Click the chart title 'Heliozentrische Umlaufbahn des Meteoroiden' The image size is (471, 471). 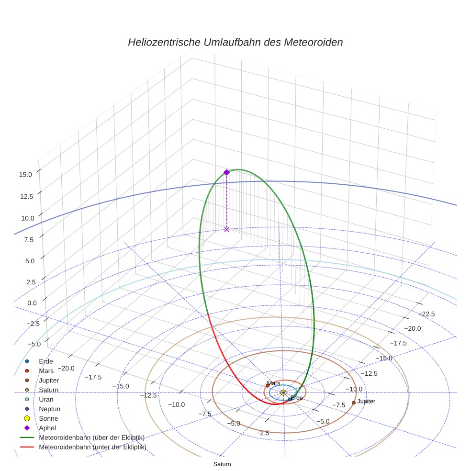(235, 42)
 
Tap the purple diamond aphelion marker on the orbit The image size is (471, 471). (226, 172)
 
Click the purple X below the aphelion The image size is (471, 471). (226, 229)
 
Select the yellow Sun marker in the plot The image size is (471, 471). (283, 392)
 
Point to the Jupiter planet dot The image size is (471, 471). (353, 403)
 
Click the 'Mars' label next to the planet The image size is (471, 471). (274, 383)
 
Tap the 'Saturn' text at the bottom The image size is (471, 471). (222, 464)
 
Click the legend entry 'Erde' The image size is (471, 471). (46, 361)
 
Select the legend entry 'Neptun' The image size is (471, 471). (50, 409)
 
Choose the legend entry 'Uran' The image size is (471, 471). (46, 399)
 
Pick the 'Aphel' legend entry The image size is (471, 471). (48, 428)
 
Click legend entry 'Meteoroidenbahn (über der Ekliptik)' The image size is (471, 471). (91, 437)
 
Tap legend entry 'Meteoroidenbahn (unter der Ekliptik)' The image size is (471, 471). (92, 447)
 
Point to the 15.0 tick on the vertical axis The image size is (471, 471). (25, 175)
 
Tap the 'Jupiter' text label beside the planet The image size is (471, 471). (366, 401)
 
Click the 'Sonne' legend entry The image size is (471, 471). (48, 418)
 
